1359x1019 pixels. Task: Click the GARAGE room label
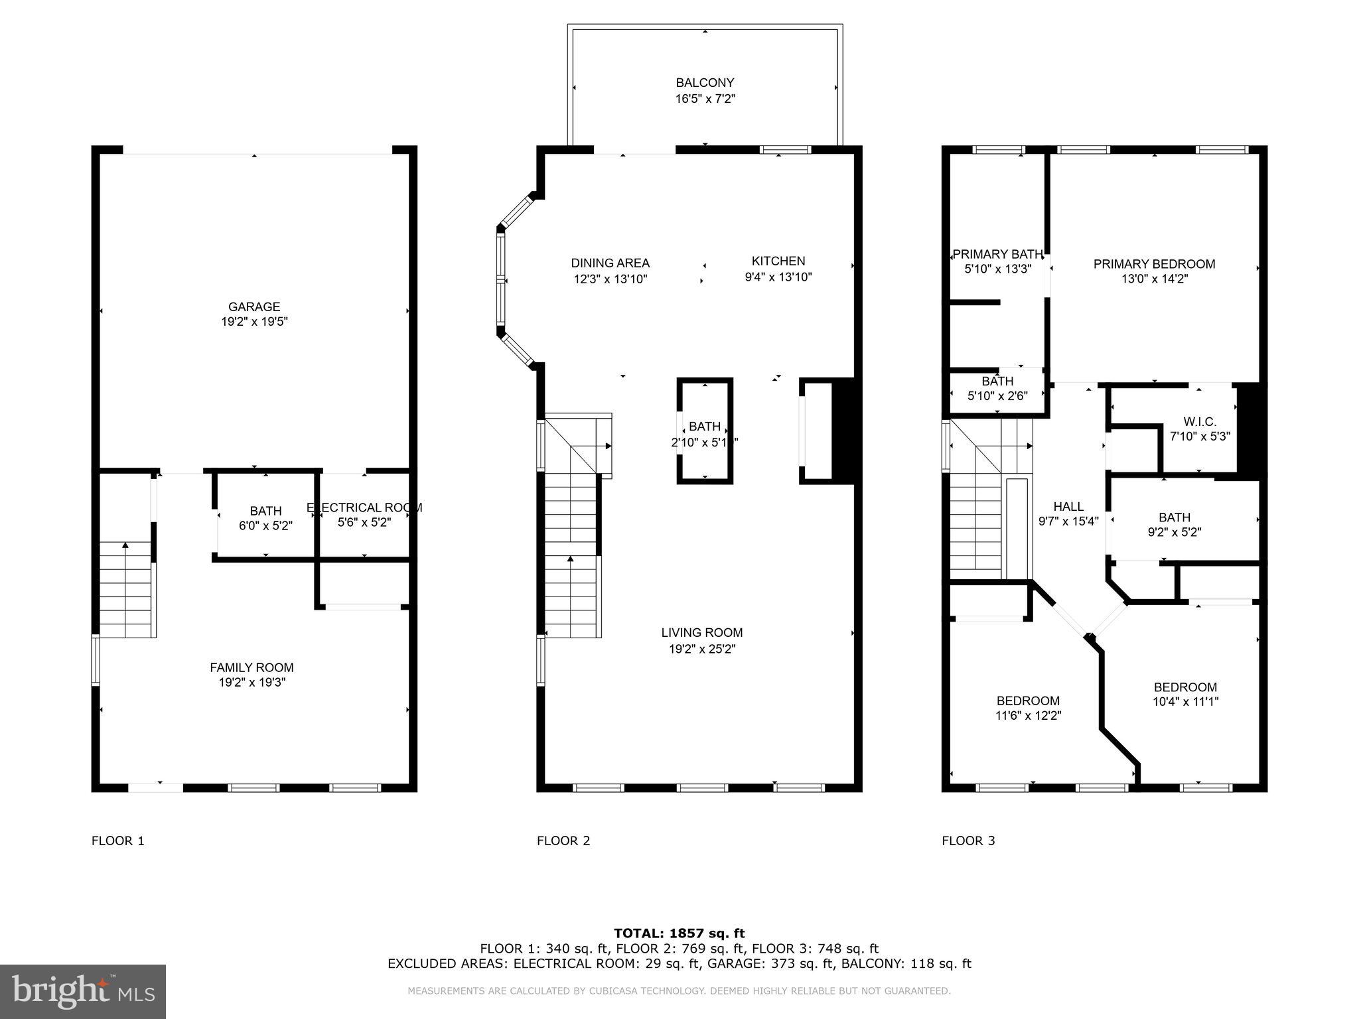pyautogui.click(x=254, y=306)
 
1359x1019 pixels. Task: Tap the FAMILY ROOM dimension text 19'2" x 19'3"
pyautogui.click(x=251, y=682)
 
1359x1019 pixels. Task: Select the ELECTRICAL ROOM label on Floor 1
pyautogui.click(x=364, y=508)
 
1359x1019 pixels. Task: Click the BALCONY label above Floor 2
pyautogui.click(x=705, y=83)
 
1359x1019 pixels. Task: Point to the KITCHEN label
pyautogui.click(x=778, y=261)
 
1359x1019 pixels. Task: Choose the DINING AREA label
pyautogui.click(x=610, y=263)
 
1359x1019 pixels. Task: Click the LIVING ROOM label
pyautogui.click(x=702, y=632)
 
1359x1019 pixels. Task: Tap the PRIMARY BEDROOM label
pyautogui.click(x=1154, y=264)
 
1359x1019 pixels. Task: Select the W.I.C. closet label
pyautogui.click(x=1200, y=421)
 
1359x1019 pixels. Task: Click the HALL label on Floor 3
pyautogui.click(x=1068, y=506)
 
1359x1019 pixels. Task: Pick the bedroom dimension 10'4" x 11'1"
pyautogui.click(x=1185, y=702)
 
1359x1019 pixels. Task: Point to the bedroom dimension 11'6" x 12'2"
pyautogui.click(x=1028, y=716)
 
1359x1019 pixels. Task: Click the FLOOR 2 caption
pyautogui.click(x=563, y=841)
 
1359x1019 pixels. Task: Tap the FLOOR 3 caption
pyautogui.click(x=968, y=841)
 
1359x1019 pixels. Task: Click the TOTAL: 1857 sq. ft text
pyautogui.click(x=679, y=933)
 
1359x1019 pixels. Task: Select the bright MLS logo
pyautogui.click(x=83, y=991)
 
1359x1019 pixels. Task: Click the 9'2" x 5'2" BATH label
pyautogui.click(x=1175, y=517)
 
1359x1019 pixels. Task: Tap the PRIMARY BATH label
pyautogui.click(x=997, y=254)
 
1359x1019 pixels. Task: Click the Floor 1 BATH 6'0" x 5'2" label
pyautogui.click(x=265, y=511)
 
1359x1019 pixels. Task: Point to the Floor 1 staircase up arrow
pyautogui.click(x=125, y=547)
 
